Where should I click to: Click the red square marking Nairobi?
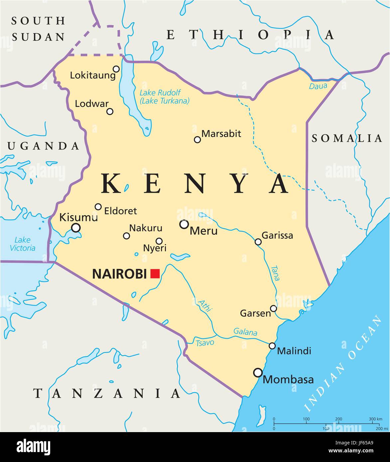click(x=155, y=274)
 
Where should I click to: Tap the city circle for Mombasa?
click(x=258, y=373)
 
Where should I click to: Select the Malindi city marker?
click(x=272, y=346)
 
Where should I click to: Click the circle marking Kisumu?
click(x=76, y=228)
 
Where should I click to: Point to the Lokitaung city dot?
click(x=116, y=69)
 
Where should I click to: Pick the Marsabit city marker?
click(x=197, y=140)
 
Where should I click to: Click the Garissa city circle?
click(x=258, y=242)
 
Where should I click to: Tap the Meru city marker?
click(x=184, y=224)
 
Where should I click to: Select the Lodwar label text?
click(x=91, y=104)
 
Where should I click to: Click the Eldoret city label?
click(x=120, y=211)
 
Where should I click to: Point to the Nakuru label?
click(x=146, y=228)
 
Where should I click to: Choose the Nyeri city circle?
click(x=159, y=241)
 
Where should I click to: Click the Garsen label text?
click(x=255, y=313)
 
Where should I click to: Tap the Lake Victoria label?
click(x=23, y=244)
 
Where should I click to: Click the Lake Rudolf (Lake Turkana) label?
click(x=164, y=97)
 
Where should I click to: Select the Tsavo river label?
click(x=205, y=343)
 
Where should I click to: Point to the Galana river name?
click(x=245, y=332)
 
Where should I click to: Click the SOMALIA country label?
click(x=347, y=138)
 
